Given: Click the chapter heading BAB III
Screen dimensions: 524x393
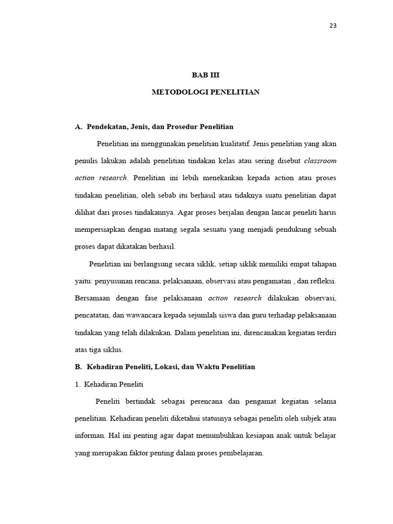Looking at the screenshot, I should [205, 75].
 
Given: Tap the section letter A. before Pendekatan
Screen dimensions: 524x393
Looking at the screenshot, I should [78, 126].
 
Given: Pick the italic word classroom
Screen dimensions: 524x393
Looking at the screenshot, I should [320, 161].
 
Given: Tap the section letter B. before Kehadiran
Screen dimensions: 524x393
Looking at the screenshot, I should [78, 367].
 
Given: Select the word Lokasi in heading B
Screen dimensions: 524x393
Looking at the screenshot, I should [173, 367].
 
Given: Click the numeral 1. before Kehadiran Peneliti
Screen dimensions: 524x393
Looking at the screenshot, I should [78, 384].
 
